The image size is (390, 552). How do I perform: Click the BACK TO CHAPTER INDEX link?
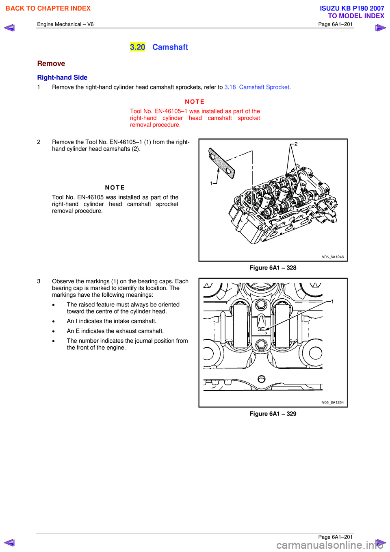pos(48,8)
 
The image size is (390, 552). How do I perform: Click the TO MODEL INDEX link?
pos(356,16)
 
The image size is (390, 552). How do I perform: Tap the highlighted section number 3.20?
pos(137,47)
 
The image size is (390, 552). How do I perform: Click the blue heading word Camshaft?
pos(170,47)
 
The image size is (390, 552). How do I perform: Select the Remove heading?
pos(51,63)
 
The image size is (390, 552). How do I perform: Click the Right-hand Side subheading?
pos(62,77)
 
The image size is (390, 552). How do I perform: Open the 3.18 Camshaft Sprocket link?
pos(257,87)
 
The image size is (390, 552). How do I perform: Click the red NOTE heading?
pos(195,102)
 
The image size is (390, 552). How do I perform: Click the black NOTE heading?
pos(115,187)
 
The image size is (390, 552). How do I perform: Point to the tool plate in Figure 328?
pos(221,163)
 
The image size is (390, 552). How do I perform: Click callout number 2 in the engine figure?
pos(296,144)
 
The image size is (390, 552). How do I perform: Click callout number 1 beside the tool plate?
pos(211,183)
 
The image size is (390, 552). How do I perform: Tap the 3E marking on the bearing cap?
pos(261,329)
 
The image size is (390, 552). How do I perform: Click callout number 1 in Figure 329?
pos(332,302)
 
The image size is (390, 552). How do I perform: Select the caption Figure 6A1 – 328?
pos(273,267)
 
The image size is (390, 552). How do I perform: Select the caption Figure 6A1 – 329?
pos(273,413)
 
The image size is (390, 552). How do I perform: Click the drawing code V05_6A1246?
pos(332,256)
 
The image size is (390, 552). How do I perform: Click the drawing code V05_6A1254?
pos(332,402)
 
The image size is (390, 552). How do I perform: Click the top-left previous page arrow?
pos(9,28)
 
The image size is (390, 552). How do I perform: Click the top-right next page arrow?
pos(380,28)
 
